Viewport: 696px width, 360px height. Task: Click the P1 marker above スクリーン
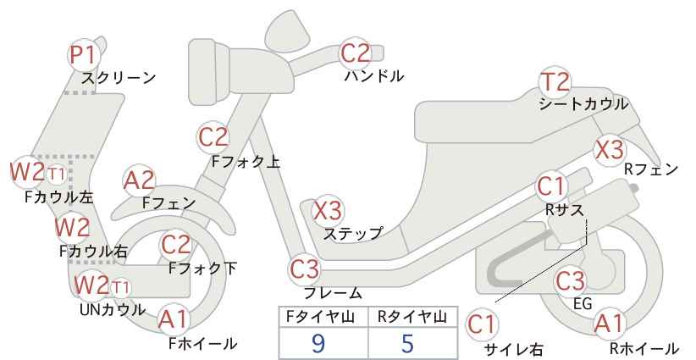pyautogui.click(x=83, y=56)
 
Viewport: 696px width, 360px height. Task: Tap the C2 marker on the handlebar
pyautogui.click(x=355, y=53)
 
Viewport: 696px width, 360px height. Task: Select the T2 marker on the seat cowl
pyautogui.click(x=555, y=82)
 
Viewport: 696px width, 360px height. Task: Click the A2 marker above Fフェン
pyautogui.click(x=139, y=181)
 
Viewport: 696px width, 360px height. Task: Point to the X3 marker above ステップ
pyautogui.click(x=328, y=211)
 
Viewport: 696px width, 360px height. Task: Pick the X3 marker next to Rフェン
pyautogui.click(x=610, y=150)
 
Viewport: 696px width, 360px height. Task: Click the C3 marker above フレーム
pyautogui.click(x=305, y=269)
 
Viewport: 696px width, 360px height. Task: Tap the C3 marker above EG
pyautogui.click(x=571, y=281)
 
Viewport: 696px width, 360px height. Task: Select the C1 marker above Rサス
pyautogui.click(x=551, y=187)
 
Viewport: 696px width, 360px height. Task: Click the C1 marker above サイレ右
pyautogui.click(x=482, y=325)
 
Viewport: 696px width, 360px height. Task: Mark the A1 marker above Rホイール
pyautogui.click(x=610, y=324)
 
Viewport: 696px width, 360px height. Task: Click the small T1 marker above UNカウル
pyautogui.click(x=120, y=288)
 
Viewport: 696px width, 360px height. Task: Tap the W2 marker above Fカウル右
pyautogui.click(x=72, y=228)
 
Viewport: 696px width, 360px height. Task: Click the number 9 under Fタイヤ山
pyautogui.click(x=318, y=343)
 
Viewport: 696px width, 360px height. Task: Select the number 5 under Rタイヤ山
pyautogui.click(x=407, y=343)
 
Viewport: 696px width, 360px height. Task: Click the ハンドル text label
pyautogui.click(x=374, y=76)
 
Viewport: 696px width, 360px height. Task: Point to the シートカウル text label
pyautogui.click(x=583, y=104)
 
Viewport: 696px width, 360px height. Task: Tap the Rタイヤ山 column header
pyautogui.click(x=412, y=317)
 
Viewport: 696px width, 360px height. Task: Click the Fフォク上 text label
pyautogui.click(x=246, y=162)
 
